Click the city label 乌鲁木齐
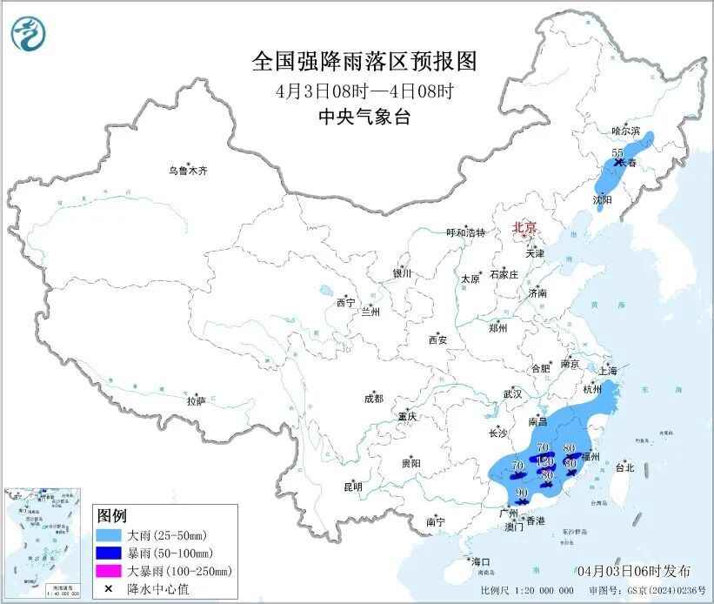pos(189,171)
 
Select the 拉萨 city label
pos(196,401)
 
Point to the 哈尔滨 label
pos(625,131)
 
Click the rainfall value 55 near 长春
pos(618,152)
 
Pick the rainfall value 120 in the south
pos(545,460)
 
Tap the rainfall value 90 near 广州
pos(522,493)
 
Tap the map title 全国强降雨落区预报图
pos(364,62)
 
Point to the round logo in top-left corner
pos(28,35)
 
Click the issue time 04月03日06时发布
pos(633,571)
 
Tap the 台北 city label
pos(624,467)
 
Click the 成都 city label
pos(373,399)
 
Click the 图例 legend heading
pos(112,515)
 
